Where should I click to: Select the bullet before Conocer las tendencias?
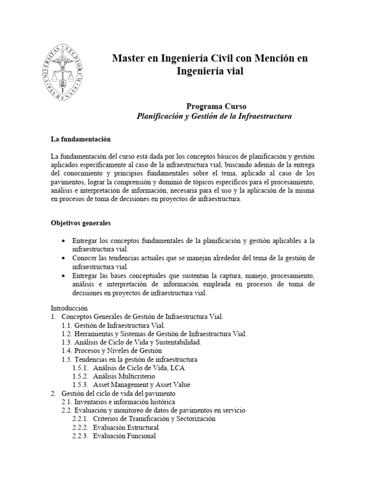click(63, 258)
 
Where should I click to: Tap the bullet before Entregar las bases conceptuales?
click(63, 276)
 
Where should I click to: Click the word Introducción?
click(69, 308)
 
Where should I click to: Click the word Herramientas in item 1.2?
click(95, 334)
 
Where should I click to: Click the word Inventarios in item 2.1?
click(91, 402)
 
